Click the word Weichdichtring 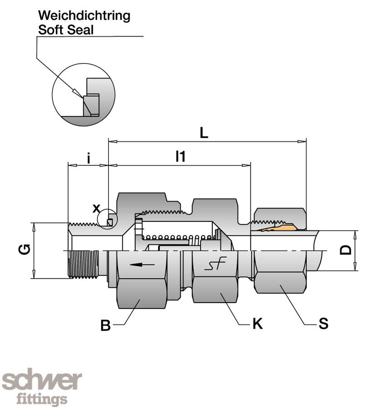[x=84, y=16]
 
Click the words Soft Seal [x=66, y=30]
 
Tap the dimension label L [x=204, y=133]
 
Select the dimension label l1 [x=181, y=157]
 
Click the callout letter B [x=105, y=326]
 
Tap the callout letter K [x=257, y=324]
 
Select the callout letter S [x=323, y=324]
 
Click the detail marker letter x [x=96, y=209]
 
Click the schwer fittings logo [x=42, y=386]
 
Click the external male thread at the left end [x=83, y=264]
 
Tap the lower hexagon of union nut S [x=279, y=282]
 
